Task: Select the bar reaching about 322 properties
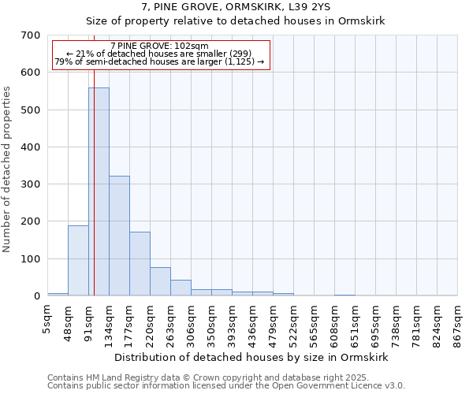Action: coord(119,236)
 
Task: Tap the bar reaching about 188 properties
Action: coord(78,261)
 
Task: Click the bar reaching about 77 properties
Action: coord(160,281)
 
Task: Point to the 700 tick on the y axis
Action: coord(31,35)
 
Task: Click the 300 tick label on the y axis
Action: coord(31,184)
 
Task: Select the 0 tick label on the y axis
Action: coord(36,296)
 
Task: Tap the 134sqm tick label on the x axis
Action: coord(110,322)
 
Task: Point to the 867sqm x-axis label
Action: coord(458,322)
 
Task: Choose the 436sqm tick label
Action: coord(253,322)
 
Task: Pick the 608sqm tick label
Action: coord(335,322)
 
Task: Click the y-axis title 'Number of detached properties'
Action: coord(8,169)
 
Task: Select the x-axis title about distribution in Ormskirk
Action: coord(251,357)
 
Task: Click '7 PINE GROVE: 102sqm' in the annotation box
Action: coord(160,46)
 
